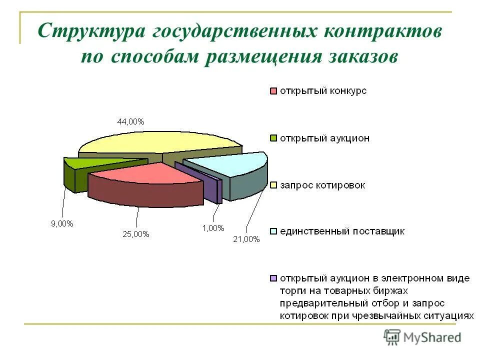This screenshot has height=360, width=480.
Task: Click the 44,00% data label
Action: (x=130, y=121)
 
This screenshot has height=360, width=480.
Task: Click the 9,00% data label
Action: (x=62, y=223)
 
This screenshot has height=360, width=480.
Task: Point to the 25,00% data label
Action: (x=135, y=234)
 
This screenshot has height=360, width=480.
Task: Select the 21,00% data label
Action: (x=246, y=239)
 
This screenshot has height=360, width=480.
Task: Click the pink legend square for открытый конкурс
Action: (x=273, y=91)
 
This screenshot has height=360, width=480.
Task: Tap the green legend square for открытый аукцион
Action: (x=273, y=138)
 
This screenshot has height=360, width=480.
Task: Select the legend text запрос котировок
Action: (x=322, y=185)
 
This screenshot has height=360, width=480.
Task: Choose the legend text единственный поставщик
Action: (x=342, y=231)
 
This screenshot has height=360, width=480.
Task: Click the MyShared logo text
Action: (x=432, y=337)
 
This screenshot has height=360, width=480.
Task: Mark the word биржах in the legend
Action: (x=389, y=290)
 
